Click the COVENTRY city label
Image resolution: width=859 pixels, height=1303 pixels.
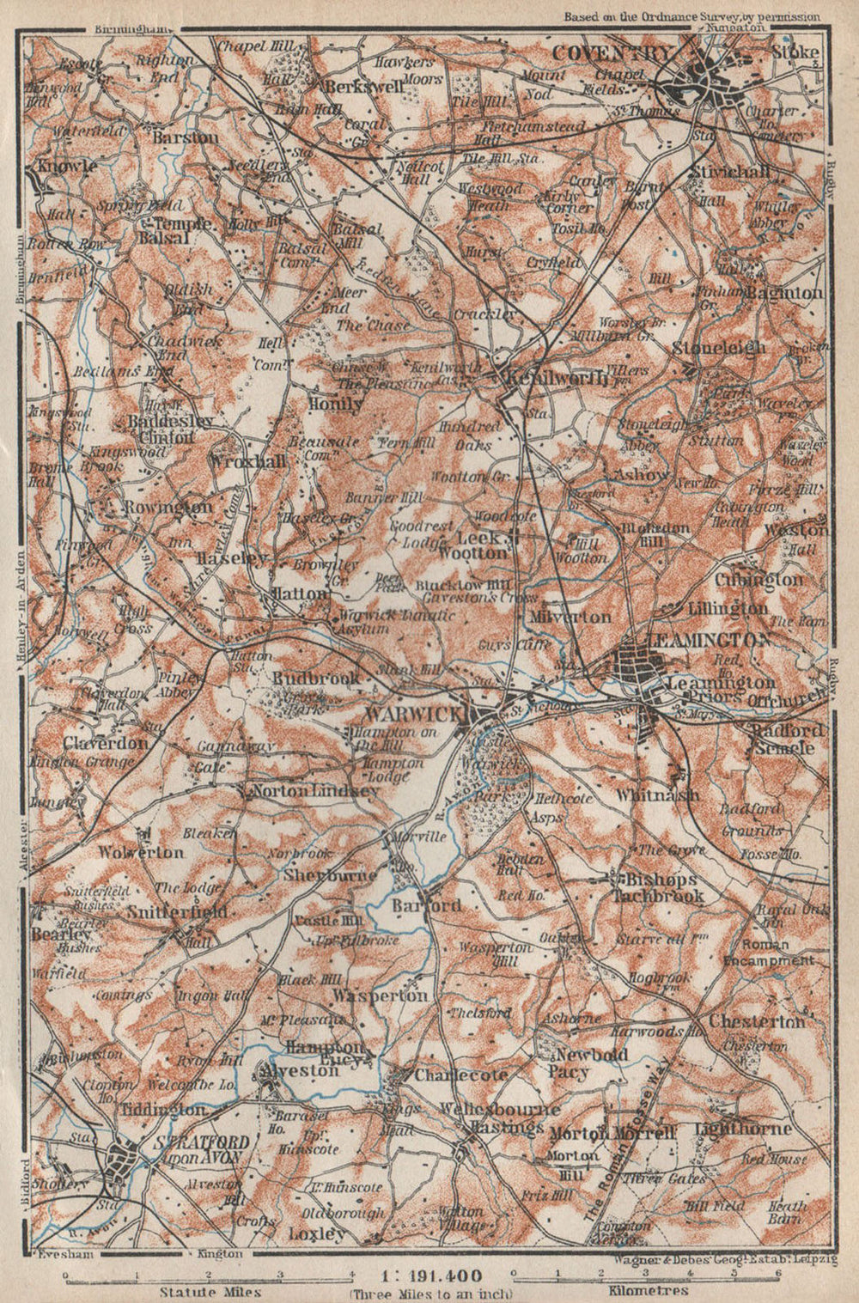(611, 53)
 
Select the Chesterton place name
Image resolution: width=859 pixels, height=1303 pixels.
(757, 1021)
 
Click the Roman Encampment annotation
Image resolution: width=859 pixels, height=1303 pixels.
(768, 952)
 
